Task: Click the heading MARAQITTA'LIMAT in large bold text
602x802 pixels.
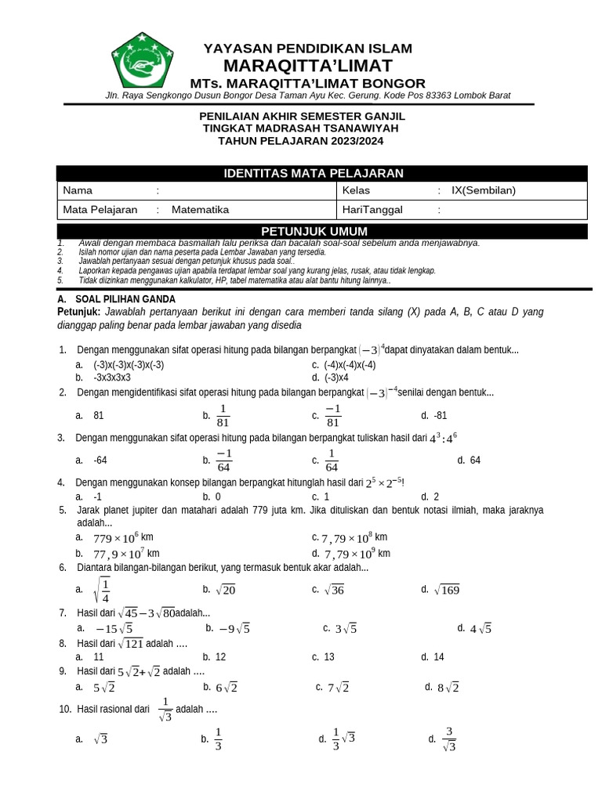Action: pos(307,65)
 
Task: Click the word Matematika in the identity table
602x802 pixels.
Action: pos(200,210)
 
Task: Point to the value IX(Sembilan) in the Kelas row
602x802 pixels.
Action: pos(484,190)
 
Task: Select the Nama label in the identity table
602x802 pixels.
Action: pos(78,190)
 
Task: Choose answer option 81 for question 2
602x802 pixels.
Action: pos(98,415)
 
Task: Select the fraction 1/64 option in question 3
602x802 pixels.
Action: pos(332,461)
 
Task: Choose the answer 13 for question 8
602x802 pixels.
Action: pos(328,657)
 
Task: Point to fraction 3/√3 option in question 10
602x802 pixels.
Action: pos(448,739)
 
